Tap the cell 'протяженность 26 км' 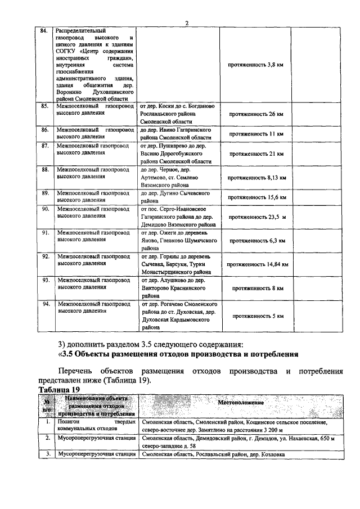coord(256,114)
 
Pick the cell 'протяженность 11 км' coord(256,134)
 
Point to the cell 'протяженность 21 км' coord(256,154)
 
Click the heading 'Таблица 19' coord(60,389)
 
